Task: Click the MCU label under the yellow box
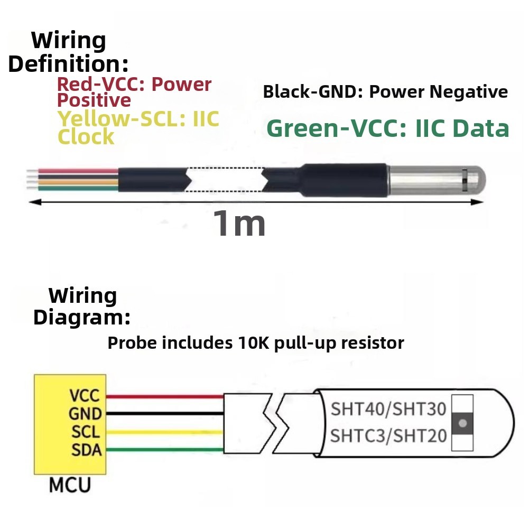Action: tap(70, 485)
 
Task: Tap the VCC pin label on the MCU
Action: tap(85, 395)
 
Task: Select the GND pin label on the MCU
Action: tap(85, 414)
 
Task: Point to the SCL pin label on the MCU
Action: tap(86, 432)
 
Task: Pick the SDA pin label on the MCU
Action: tap(86, 450)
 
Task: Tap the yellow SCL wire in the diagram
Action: tap(165, 432)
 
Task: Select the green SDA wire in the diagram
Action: tap(165, 450)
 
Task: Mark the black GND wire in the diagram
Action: tap(165, 413)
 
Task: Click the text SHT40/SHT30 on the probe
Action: tap(388, 409)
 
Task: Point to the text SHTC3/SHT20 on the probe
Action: tap(388, 435)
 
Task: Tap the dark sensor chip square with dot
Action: tap(462, 423)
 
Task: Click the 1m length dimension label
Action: tap(239, 224)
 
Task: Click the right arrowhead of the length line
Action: tap(477, 202)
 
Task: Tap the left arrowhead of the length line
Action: tap(35, 202)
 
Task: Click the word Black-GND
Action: tap(310, 91)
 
